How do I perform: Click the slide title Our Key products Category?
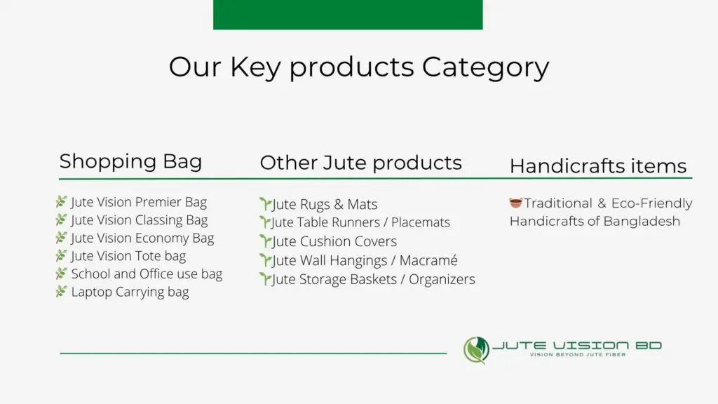(x=358, y=67)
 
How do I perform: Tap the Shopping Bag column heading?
(x=130, y=161)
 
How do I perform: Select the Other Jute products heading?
(x=360, y=163)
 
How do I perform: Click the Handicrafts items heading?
(x=597, y=166)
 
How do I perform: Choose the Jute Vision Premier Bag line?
(x=138, y=202)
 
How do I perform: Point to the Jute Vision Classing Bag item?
(x=139, y=220)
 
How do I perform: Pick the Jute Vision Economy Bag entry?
(x=142, y=238)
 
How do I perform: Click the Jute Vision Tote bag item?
(x=128, y=256)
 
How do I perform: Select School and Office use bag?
(x=146, y=274)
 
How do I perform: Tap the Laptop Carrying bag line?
(x=130, y=292)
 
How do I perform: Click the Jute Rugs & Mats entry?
(x=324, y=205)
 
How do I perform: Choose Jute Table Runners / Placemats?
(x=360, y=222)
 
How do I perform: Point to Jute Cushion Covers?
(x=334, y=241)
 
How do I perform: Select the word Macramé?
(x=428, y=260)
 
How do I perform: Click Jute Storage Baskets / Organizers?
(x=373, y=279)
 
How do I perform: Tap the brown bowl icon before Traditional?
(x=516, y=203)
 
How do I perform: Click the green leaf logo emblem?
(x=476, y=350)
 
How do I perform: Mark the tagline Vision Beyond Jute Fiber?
(x=576, y=355)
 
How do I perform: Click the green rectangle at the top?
(x=348, y=14)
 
